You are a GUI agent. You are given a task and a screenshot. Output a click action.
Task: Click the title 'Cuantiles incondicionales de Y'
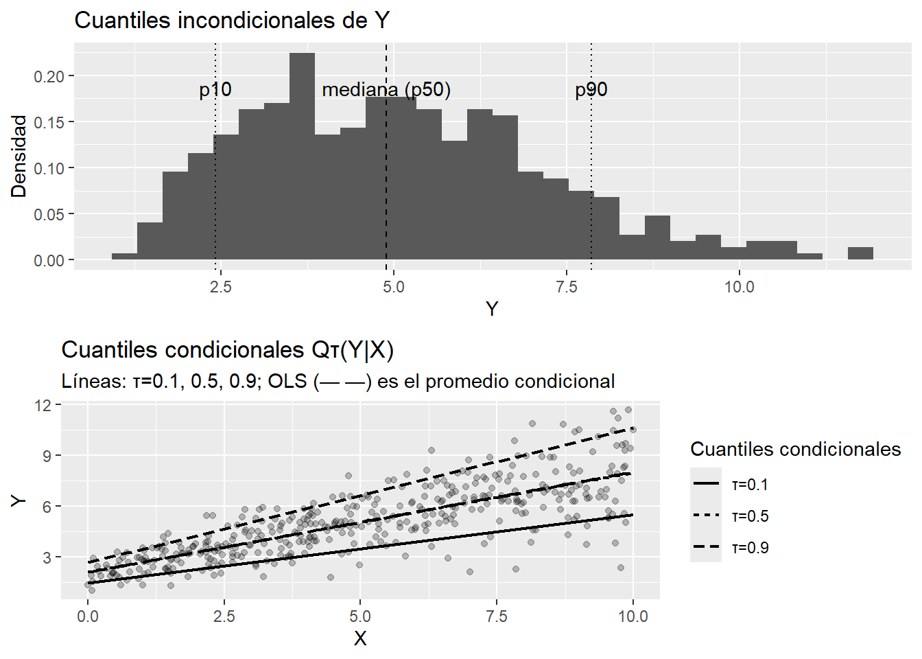tap(232, 21)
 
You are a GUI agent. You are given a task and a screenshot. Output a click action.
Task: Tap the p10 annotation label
tap(215, 90)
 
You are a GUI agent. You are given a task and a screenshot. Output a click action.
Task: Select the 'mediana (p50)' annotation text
tap(386, 90)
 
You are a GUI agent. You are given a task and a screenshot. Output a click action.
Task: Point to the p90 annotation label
tap(591, 90)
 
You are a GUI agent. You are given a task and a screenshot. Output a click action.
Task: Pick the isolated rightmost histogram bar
tap(860, 253)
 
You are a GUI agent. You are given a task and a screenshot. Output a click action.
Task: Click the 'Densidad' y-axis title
tap(19, 157)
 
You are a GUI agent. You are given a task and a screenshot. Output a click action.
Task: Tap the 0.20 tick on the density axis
tap(49, 76)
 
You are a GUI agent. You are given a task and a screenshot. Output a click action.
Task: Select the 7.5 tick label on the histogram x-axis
tap(567, 287)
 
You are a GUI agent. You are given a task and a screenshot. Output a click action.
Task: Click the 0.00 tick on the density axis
tap(49, 260)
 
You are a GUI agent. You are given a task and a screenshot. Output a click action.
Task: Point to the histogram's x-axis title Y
tap(492, 309)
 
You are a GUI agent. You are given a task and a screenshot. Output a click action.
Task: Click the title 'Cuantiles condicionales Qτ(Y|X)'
tap(227, 350)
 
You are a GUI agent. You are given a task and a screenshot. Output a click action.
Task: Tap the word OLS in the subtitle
tap(287, 382)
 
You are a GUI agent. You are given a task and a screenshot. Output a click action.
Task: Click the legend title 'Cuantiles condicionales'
tap(795, 449)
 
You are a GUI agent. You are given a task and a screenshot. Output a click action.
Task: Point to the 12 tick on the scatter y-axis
tap(43, 405)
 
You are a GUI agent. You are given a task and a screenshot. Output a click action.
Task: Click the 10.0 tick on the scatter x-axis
tap(633, 616)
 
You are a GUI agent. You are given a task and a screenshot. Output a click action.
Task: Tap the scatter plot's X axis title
tap(360, 638)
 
